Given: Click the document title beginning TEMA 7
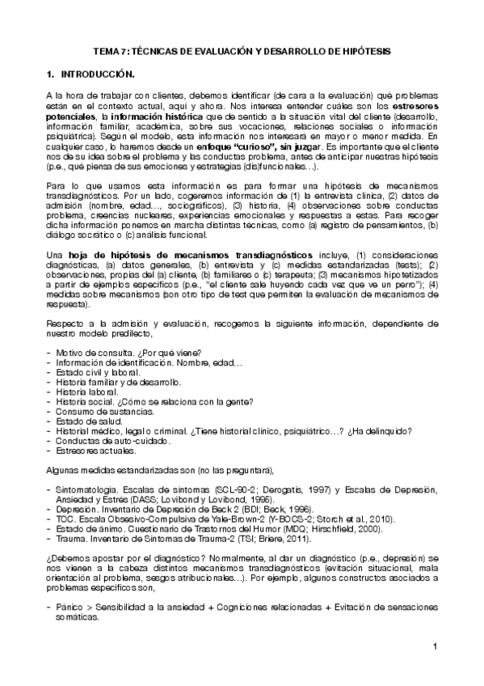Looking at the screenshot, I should pos(242,50).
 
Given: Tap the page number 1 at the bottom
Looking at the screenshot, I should pos(435,646).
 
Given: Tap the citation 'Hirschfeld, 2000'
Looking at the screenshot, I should pos(334,528).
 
